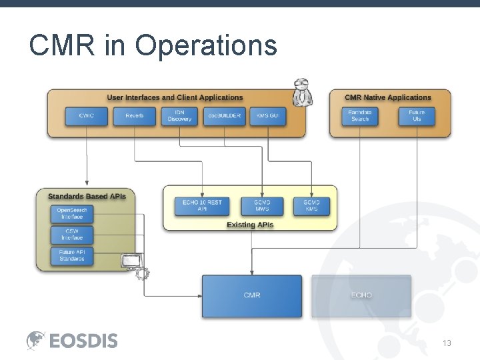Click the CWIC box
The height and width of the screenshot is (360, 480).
tap(87, 116)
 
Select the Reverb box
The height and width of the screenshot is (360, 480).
tap(135, 116)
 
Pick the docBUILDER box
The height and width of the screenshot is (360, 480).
tap(224, 116)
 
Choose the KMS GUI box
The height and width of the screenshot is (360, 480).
tap(268, 116)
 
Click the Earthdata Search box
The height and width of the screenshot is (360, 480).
tap(360, 116)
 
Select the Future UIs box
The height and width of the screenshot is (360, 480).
tap(417, 116)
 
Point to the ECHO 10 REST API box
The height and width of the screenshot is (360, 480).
tap(202, 206)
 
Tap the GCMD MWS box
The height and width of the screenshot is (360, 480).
tap(262, 206)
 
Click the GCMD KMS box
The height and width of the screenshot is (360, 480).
tap(311, 206)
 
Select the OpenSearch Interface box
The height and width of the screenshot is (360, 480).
tap(72, 214)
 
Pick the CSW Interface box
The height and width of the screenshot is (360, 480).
tap(72, 235)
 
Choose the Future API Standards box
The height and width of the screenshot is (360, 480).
tap(72, 255)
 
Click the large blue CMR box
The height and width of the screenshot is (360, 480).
tap(252, 295)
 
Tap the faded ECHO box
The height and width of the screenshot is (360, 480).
tap(361, 295)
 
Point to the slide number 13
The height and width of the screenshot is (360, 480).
tap(447, 343)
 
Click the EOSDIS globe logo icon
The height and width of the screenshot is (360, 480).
tap(36, 341)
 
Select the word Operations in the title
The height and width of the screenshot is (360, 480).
tap(205, 46)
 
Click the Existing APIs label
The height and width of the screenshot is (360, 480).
tap(250, 225)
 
